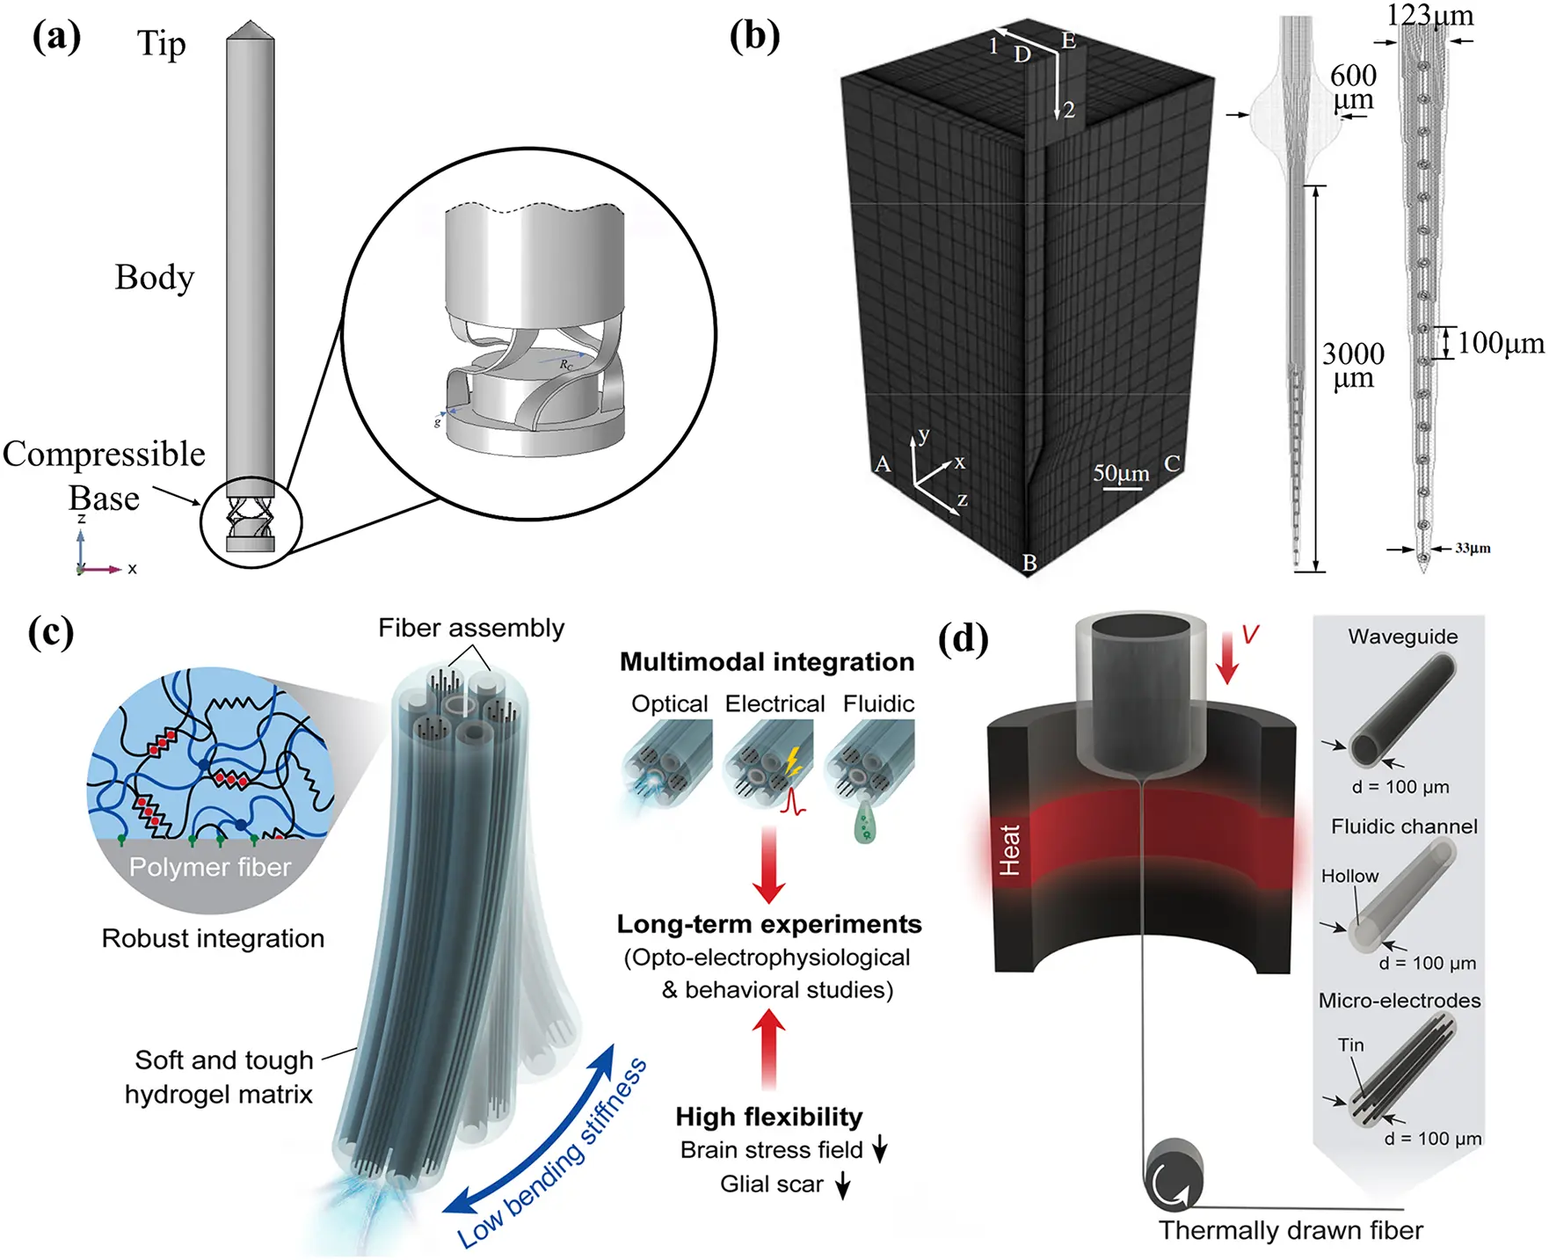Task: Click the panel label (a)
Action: pos(56,37)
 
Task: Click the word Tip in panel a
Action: pos(161,43)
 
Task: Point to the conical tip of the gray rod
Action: pos(251,30)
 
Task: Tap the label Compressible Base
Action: pos(104,475)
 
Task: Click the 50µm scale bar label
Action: pos(1121,473)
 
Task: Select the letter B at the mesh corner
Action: pos(1029,563)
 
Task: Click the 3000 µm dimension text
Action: pos(1353,365)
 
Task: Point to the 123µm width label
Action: pos(1429,15)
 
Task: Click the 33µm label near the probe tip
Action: pos(1473,549)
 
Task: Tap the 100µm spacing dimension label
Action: pos(1501,343)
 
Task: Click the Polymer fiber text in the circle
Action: pos(209,867)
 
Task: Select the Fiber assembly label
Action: pos(471,628)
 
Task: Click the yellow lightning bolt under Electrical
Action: pos(793,761)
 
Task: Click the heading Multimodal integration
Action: pos(767,661)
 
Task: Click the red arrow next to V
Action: pos(1227,658)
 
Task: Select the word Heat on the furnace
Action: pos(1009,849)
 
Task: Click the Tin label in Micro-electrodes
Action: pos(1350,1045)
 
